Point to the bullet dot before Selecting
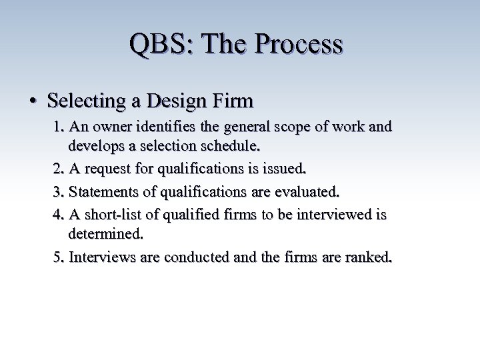tap(33, 101)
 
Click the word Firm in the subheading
tap(233, 101)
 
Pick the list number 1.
tap(58, 126)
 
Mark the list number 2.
tap(58, 169)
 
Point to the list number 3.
tap(58, 193)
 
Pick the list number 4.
tap(58, 215)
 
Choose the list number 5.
tap(58, 257)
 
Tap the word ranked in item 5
tap(368, 257)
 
